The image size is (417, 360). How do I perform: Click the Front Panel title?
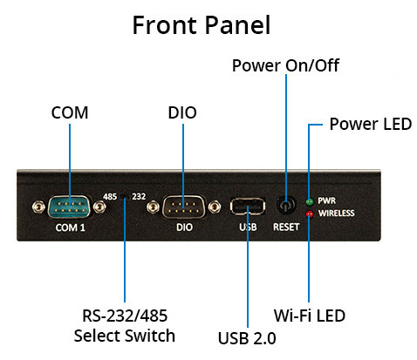point(202,25)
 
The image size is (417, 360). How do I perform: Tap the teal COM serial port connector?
point(70,207)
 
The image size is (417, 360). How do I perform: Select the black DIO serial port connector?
point(184,207)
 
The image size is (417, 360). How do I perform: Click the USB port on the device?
point(248,206)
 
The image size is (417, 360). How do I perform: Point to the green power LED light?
point(310,201)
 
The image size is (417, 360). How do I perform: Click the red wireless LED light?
point(310,214)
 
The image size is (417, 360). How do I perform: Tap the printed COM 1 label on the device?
point(71,228)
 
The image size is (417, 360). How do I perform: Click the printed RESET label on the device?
point(286,227)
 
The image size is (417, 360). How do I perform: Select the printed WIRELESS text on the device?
point(337,214)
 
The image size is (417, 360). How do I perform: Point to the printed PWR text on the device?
point(327,200)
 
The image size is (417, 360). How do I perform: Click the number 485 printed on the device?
point(110,197)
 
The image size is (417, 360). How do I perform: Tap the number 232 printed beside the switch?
point(139,197)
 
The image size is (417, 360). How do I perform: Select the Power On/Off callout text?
point(285,65)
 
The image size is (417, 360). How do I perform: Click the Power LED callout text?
point(371,124)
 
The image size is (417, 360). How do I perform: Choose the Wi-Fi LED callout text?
point(310,316)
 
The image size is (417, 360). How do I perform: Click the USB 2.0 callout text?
point(247,338)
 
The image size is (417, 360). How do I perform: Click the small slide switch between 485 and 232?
point(125,197)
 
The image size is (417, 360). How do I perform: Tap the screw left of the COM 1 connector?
point(38,207)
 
